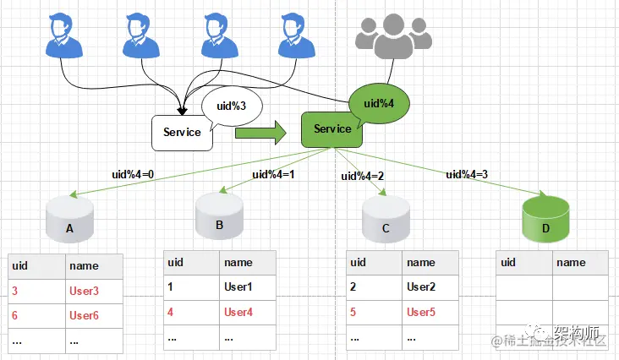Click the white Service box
point(182,133)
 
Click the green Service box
point(331,129)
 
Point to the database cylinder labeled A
point(70,222)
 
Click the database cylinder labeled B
point(220,217)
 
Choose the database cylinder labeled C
point(386,221)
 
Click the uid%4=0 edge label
point(134,174)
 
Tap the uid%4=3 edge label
point(468,174)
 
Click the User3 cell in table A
point(85,292)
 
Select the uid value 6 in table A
point(15,316)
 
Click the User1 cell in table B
point(239,286)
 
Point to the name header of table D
point(572,262)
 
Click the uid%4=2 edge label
point(362,177)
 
